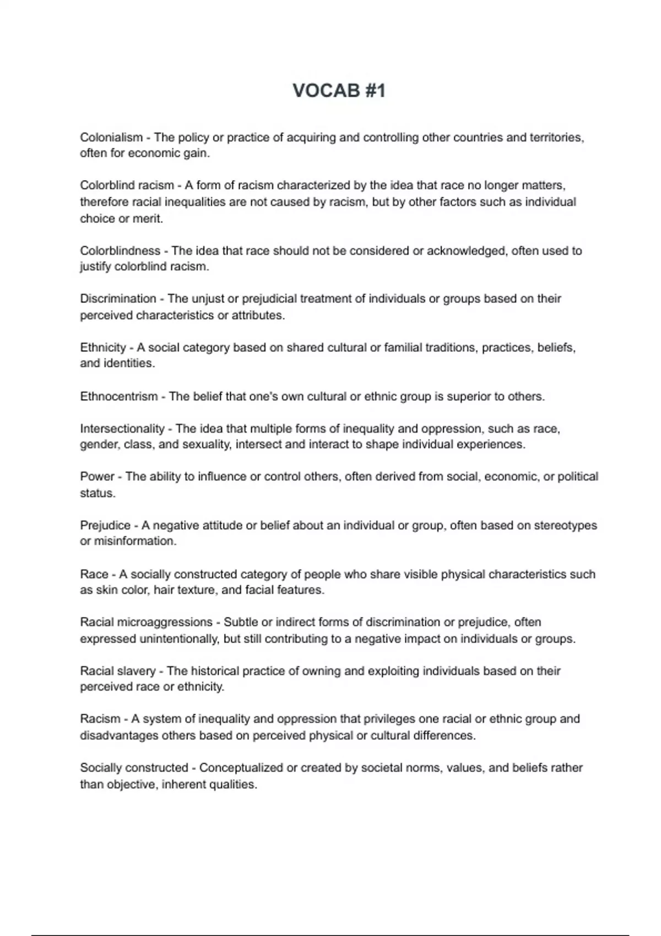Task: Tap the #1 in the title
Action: point(375,91)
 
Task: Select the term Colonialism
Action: point(111,137)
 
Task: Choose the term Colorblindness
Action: point(120,251)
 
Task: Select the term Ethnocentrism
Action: point(118,396)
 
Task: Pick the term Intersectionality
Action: point(122,429)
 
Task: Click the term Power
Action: point(97,477)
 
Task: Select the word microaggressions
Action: point(165,622)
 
